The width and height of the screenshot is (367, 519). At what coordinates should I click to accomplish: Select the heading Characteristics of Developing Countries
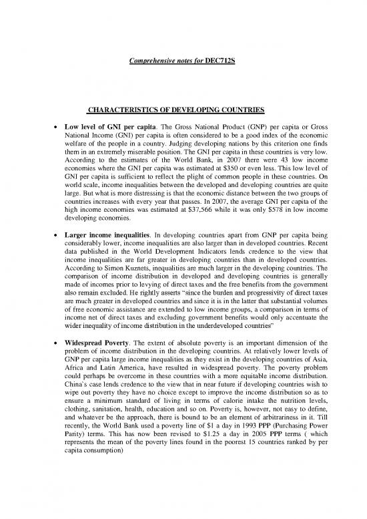183,111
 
